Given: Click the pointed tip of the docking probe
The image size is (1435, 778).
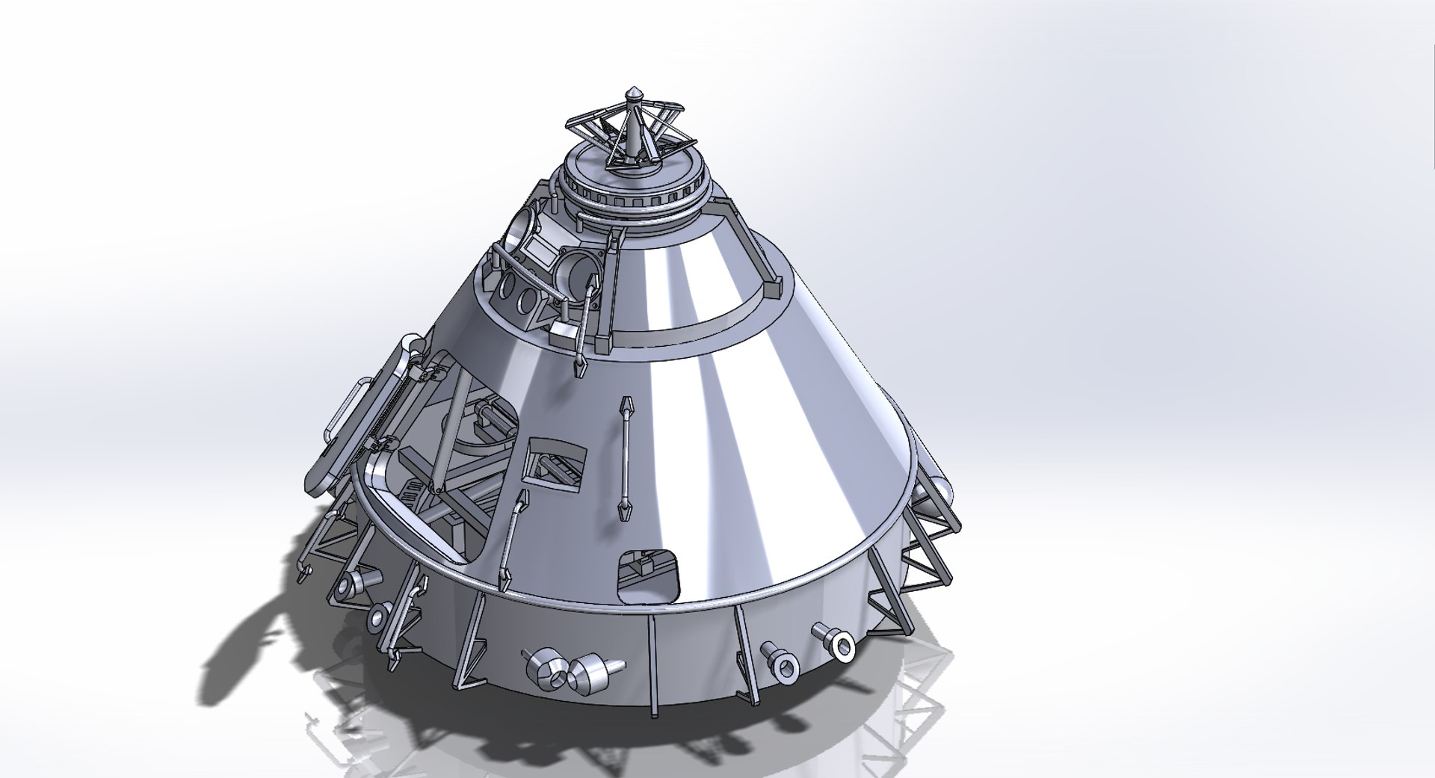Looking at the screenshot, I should [633, 93].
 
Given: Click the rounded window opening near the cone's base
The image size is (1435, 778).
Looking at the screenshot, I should [649, 576].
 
